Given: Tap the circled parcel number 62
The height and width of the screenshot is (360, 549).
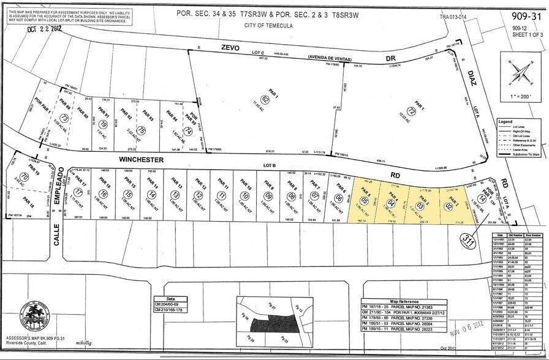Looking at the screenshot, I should (x=265, y=99).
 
